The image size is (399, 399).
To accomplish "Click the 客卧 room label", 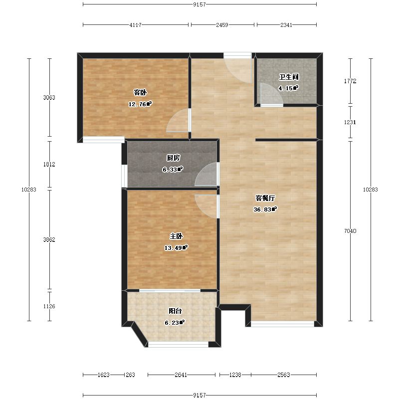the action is pos(140,92).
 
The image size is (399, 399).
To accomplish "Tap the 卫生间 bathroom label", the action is pos(289,77).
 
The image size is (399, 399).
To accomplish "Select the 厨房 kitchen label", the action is pos(173,158).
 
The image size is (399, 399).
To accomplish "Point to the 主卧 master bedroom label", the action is pos(176,236).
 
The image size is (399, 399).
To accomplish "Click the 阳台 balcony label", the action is pos(175,311).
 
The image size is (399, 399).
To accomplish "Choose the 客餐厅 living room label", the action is pos(265,198).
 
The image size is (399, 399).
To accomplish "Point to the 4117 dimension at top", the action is pos(135,25).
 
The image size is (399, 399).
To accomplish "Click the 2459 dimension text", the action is pos(222,25).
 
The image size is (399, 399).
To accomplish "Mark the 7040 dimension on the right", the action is pos(350,231).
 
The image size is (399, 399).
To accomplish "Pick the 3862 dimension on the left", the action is pos(49,240).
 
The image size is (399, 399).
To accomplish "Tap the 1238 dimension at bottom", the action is pos(235,375).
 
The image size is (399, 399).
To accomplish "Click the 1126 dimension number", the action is pos(49,306).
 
